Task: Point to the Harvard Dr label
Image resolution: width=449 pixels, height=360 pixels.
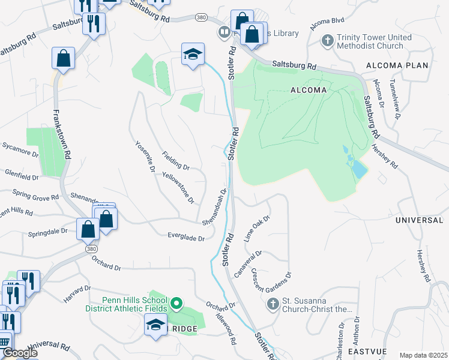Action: (76, 295)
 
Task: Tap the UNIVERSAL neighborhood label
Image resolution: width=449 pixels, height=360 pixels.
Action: (419, 220)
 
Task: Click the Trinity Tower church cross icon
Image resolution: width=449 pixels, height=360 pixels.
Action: (327, 41)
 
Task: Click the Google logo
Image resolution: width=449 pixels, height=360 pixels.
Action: (20, 353)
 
